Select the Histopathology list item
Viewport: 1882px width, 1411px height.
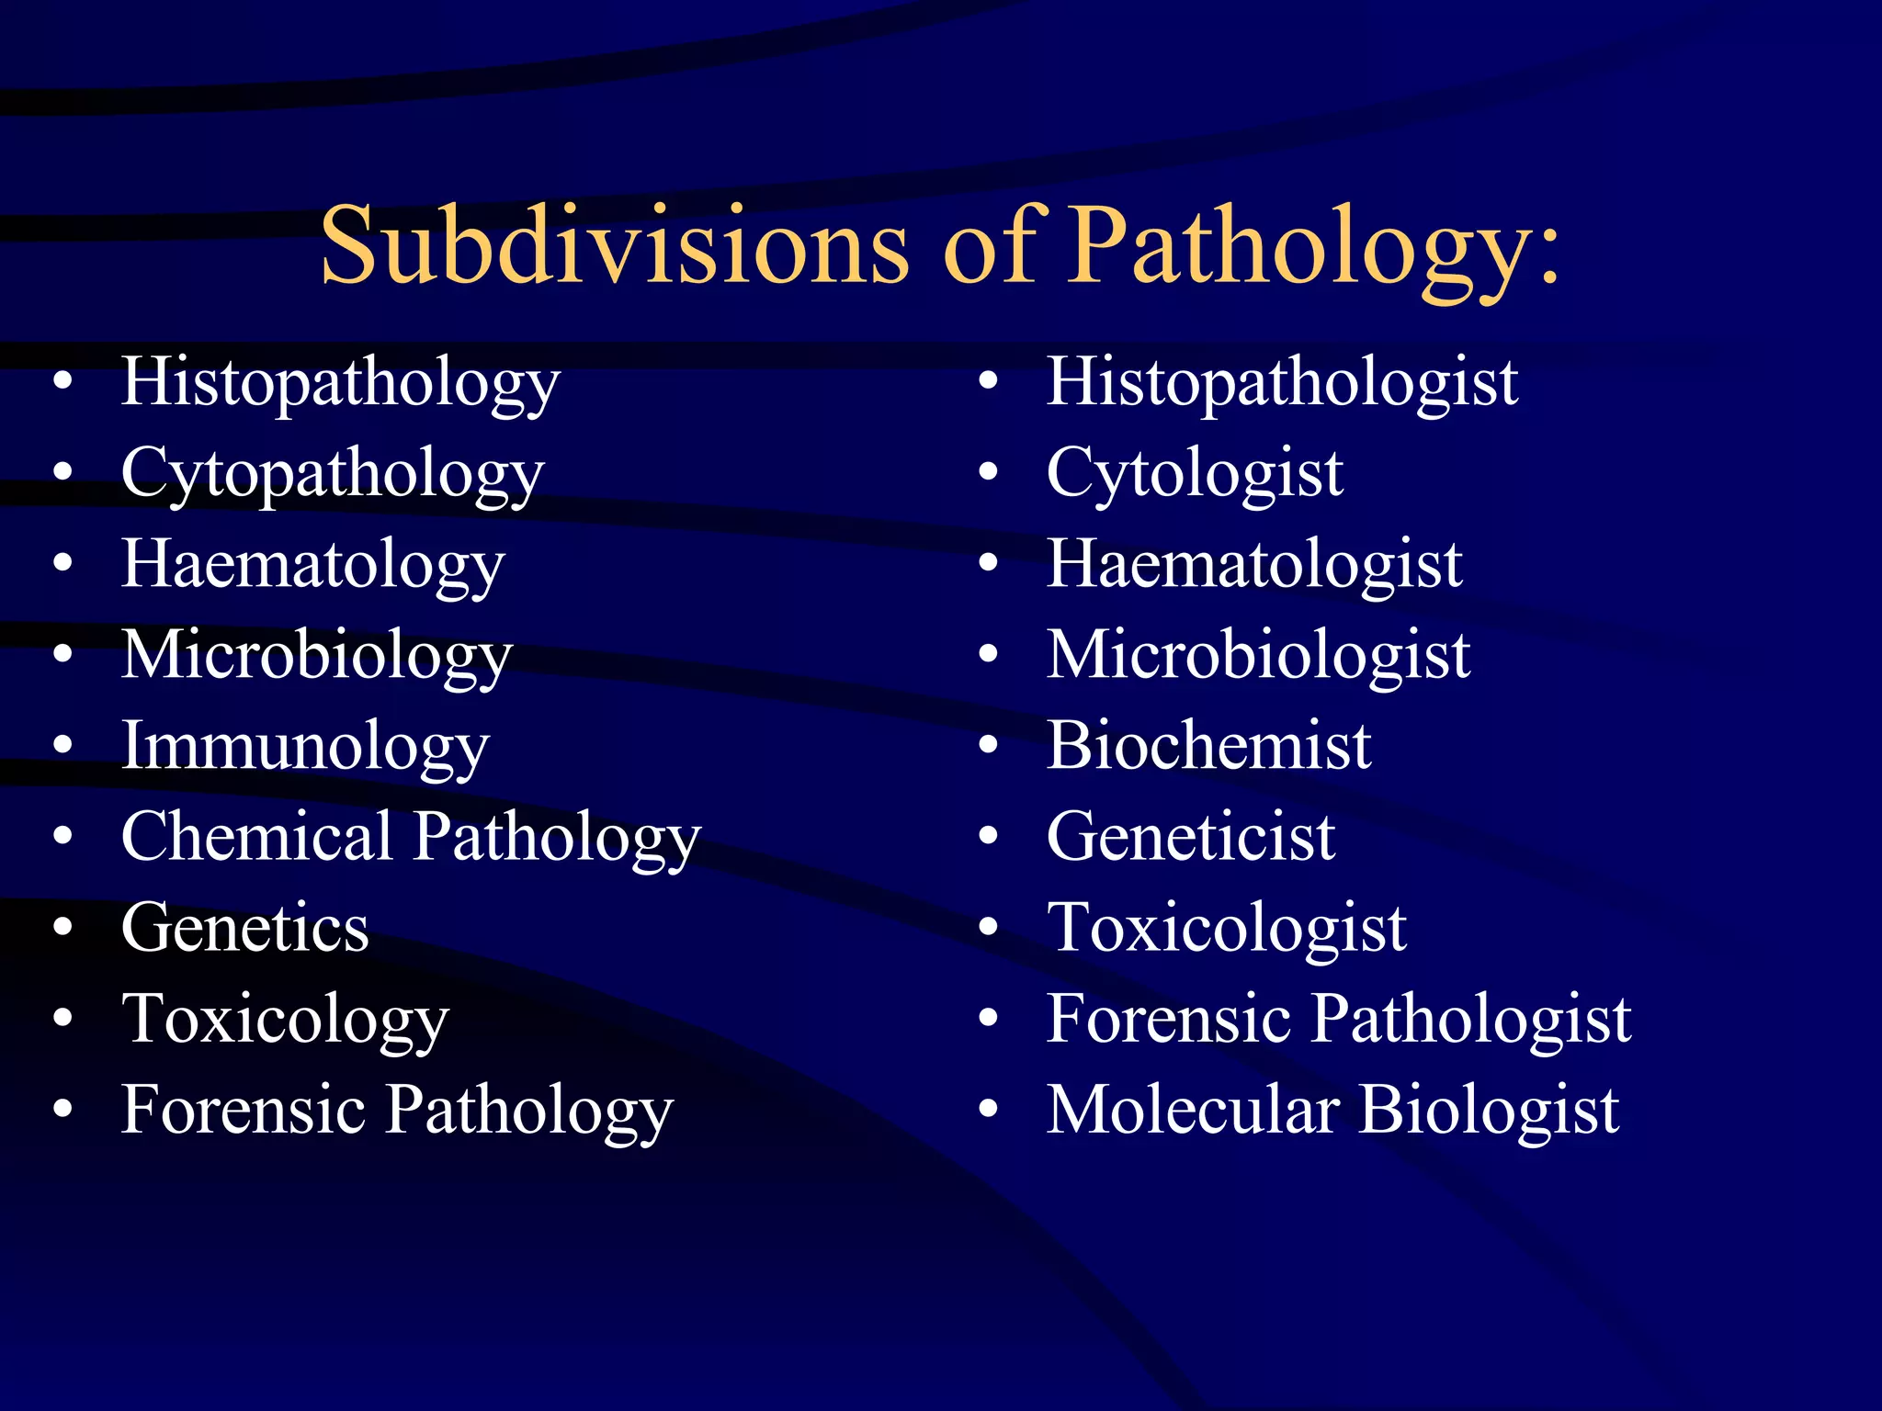click(x=340, y=382)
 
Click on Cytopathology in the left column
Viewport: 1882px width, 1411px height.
click(x=333, y=473)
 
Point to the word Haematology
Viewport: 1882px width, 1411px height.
click(x=313, y=564)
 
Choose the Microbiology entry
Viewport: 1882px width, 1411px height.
click(x=317, y=655)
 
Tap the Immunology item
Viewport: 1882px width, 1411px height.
click(x=305, y=746)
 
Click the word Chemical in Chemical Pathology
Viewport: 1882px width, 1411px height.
click(x=257, y=836)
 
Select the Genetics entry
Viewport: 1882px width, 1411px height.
click(x=245, y=927)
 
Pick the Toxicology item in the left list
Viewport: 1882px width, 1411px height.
click(x=285, y=1019)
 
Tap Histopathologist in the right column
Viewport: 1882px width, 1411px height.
click(x=1282, y=382)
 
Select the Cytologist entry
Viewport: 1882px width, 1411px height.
click(x=1195, y=473)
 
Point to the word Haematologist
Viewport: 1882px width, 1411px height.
click(x=1254, y=564)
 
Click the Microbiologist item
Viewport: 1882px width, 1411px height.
click(x=1258, y=655)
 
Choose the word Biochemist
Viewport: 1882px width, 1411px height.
click(x=1208, y=745)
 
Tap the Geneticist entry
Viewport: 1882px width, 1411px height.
click(x=1190, y=836)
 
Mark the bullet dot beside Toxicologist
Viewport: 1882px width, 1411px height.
click(x=988, y=927)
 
